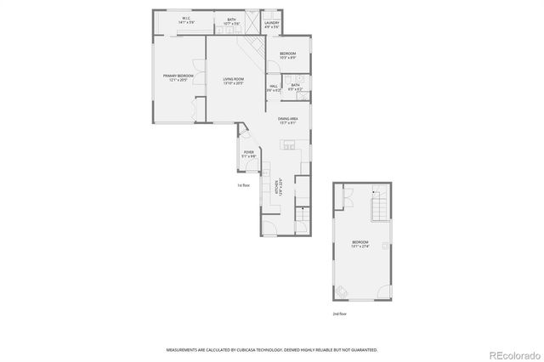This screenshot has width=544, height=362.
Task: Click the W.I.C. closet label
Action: [185, 19]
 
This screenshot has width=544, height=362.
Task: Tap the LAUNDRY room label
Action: [272, 24]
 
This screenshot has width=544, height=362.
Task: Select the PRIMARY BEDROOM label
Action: [178, 77]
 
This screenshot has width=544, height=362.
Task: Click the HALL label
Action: [275, 87]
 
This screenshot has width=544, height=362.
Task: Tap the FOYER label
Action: [248, 154]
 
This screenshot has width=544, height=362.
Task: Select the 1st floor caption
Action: [243, 185]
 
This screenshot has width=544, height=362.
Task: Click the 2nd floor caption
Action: [340, 314]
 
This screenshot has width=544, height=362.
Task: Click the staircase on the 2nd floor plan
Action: [380, 205]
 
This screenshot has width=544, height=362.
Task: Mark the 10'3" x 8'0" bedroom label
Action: [287, 56]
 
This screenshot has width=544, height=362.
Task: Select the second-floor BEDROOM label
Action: [360, 244]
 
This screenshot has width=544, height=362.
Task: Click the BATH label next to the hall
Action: [295, 87]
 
